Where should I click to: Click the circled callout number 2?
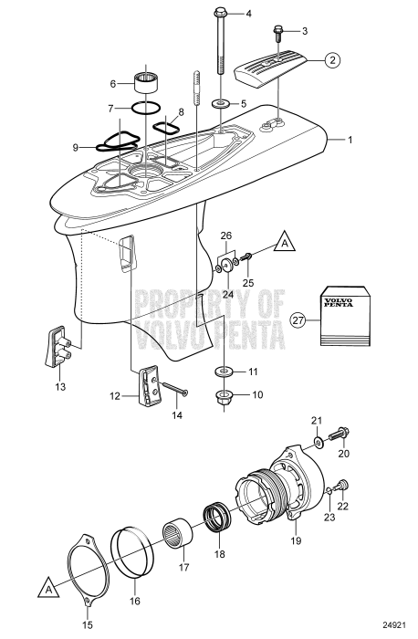pos(334,61)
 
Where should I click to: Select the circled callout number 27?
pos(298,319)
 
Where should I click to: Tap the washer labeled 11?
pos(223,373)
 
